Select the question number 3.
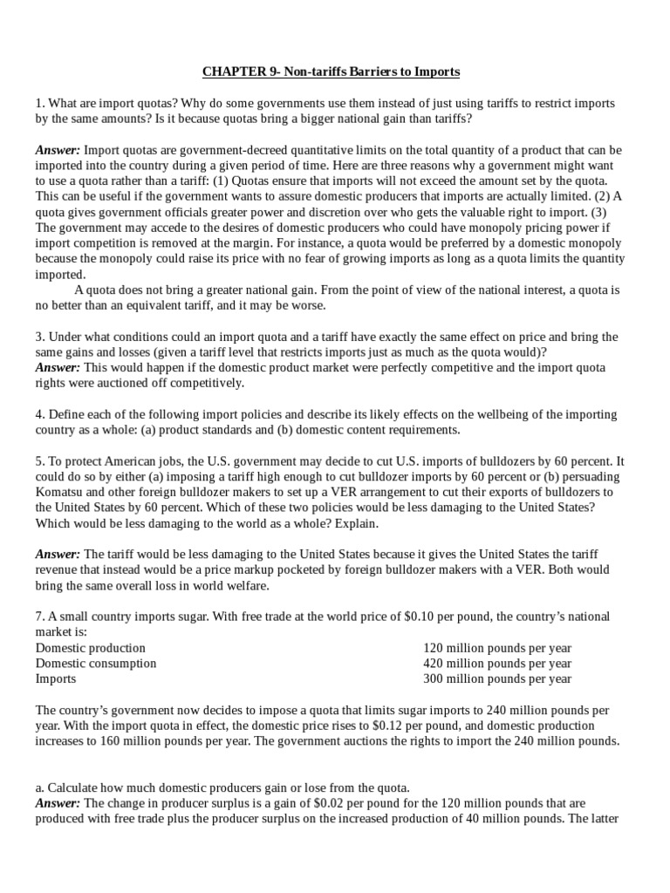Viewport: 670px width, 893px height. (39, 337)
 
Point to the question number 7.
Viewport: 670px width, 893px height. (39, 617)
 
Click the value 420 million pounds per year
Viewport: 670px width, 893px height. (497, 663)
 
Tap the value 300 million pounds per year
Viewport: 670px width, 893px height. (497, 678)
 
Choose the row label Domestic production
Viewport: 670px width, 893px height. (91, 648)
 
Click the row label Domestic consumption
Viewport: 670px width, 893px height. (96, 663)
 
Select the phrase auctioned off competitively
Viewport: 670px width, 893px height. (175, 383)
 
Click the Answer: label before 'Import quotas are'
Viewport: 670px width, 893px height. (58, 150)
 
